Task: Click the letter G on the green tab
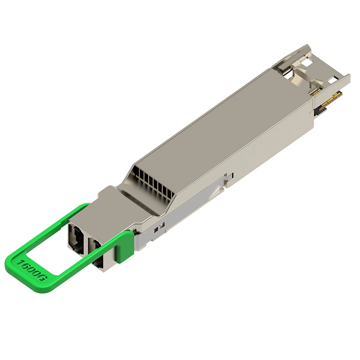[44, 279]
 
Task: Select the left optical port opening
[77, 236]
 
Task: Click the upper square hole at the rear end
[308, 62]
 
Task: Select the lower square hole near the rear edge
[333, 81]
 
